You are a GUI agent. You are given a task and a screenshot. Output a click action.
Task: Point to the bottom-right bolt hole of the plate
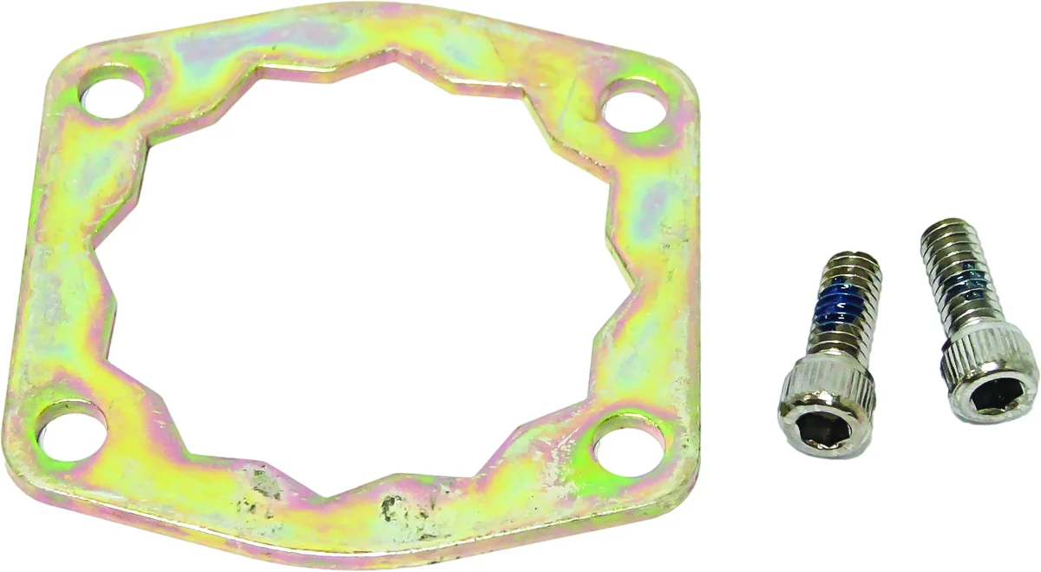tap(625, 444)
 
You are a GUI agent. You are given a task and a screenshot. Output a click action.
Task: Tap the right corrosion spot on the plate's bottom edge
tap(396, 507)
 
